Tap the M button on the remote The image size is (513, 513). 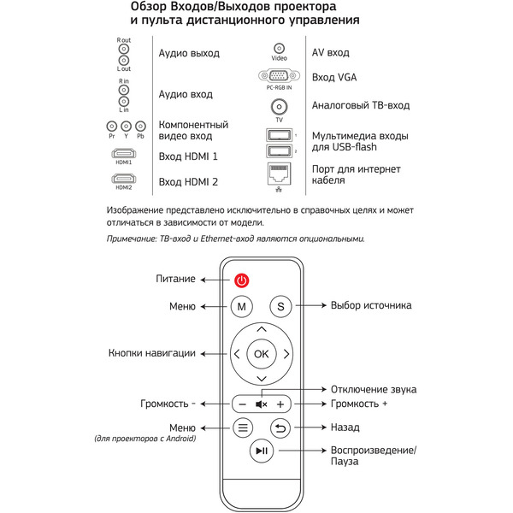(242, 306)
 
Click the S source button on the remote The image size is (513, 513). (281, 306)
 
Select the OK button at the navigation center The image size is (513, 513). (262, 353)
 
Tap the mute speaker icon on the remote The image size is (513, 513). (262, 404)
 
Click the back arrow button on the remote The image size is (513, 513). (281, 427)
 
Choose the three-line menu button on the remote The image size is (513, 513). (242, 427)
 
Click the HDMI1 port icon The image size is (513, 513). (124, 155)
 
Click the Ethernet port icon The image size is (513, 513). (279, 174)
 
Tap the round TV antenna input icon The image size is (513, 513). (279, 107)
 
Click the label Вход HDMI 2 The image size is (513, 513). (188, 182)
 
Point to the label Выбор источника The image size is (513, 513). (371, 305)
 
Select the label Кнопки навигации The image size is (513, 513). (152, 353)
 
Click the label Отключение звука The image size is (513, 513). (374, 389)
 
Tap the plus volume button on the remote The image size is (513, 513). (280, 404)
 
